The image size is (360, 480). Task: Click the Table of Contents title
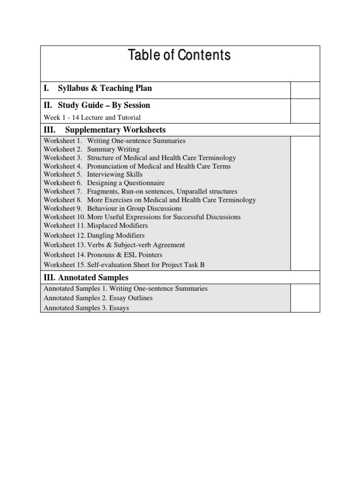(x=180, y=56)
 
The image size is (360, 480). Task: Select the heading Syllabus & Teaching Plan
(x=105, y=88)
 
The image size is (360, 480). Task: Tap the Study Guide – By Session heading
(x=104, y=105)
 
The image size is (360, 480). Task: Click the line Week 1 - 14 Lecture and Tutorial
(x=92, y=118)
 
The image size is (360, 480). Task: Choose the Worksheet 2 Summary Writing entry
(x=92, y=150)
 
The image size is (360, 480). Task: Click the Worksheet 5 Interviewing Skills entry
(x=93, y=174)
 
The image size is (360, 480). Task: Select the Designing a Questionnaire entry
(x=126, y=183)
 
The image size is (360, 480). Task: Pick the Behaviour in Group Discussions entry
(x=134, y=208)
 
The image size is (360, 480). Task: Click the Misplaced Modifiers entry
(x=118, y=225)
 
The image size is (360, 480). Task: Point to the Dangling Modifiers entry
(x=116, y=235)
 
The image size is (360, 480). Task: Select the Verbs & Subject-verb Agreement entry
(x=136, y=245)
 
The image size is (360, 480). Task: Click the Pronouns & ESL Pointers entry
(x=125, y=255)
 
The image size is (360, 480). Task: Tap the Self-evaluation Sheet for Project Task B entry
(x=146, y=265)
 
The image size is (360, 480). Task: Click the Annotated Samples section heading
(x=86, y=278)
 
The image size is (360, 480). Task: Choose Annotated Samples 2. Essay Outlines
(x=98, y=298)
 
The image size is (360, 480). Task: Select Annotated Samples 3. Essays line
(x=87, y=308)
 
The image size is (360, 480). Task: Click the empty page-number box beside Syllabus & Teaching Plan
(x=305, y=90)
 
